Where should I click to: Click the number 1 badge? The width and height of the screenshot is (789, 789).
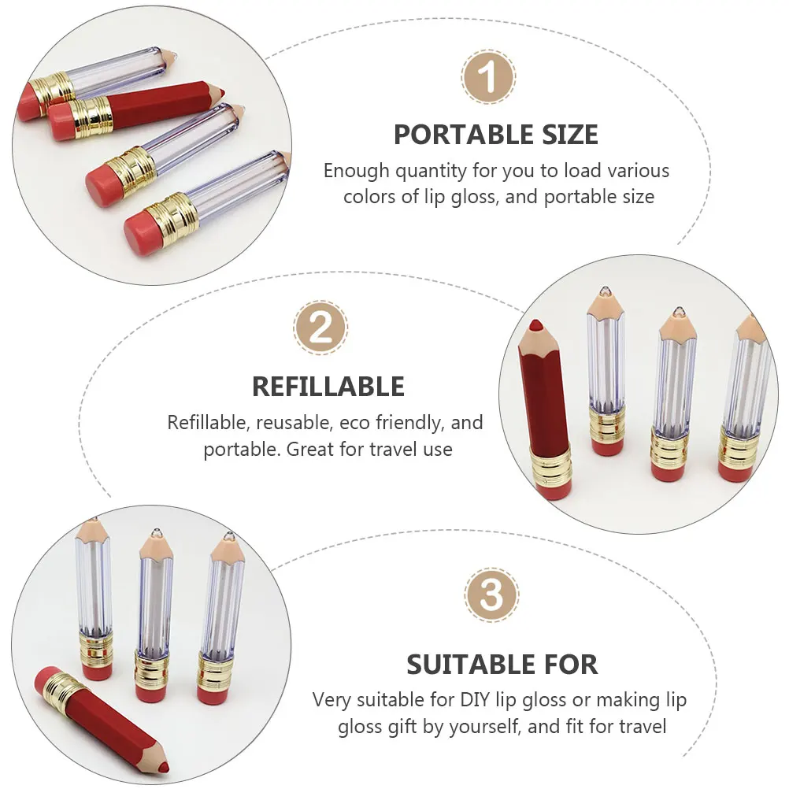[x=488, y=78]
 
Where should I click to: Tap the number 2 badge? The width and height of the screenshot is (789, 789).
[x=320, y=328]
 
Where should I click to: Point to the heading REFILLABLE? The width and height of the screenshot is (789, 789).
[x=328, y=387]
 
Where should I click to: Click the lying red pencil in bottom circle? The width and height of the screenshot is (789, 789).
[x=102, y=720]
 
